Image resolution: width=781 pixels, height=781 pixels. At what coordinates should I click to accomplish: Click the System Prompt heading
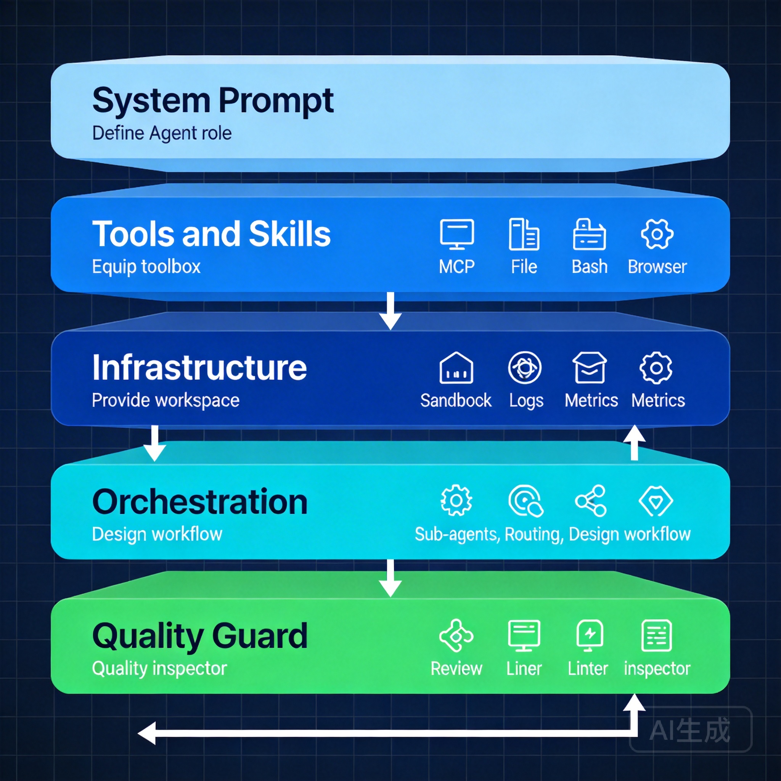coord(213,100)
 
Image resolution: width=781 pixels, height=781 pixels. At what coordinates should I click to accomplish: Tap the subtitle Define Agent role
coord(162,133)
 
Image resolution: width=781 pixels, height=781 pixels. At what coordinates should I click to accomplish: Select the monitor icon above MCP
coord(457,234)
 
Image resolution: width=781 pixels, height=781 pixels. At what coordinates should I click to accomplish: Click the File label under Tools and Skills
coord(524,267)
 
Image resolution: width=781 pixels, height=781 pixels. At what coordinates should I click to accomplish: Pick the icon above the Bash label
coord(590,234)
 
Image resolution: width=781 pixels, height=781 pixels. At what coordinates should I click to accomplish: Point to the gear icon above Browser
coord(657,234)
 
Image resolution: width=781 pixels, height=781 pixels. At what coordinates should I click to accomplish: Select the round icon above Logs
coord(524,368)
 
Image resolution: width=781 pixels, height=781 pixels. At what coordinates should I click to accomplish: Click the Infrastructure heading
coord(199,368)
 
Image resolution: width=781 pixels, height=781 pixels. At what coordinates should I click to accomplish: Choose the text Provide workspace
coord(166,400)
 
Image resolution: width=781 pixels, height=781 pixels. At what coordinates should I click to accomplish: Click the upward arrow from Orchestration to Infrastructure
coord(634,442)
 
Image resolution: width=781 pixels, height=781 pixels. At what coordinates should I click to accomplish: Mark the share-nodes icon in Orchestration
coord(591,501)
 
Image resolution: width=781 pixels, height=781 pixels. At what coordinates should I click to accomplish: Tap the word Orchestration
coord(200,502)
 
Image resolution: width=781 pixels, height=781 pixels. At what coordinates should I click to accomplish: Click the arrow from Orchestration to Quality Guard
coord(390,578)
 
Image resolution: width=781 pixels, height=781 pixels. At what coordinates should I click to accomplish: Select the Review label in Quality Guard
coord(456,669)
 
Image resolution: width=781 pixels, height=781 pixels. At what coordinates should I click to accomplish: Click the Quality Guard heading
coord(200,636)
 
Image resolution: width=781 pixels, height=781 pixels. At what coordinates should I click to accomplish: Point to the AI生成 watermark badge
coord(691,730)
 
